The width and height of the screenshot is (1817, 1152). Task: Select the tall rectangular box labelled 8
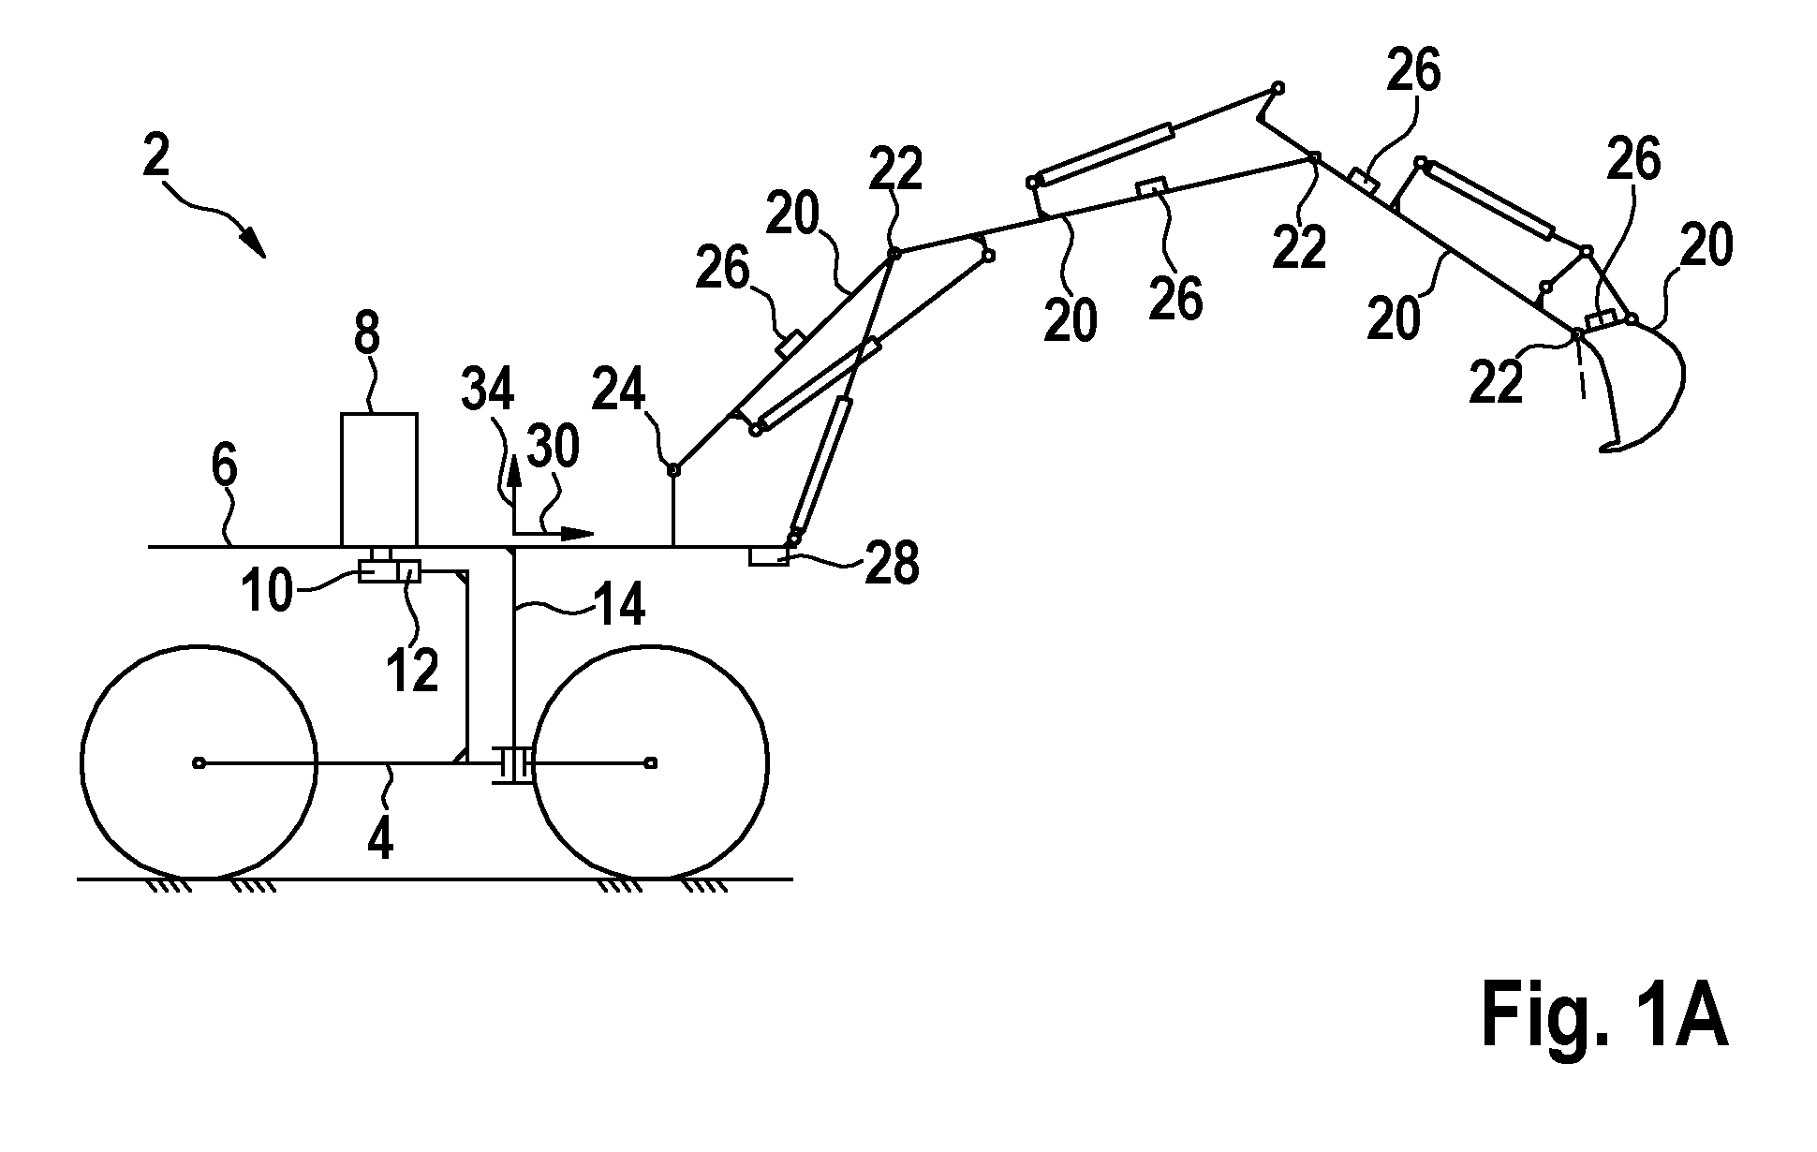pos(378,480)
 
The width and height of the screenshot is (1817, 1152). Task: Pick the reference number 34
pos(489,392)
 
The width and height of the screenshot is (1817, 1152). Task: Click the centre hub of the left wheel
pos(198,763)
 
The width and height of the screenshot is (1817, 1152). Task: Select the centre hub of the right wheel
pos(651,763)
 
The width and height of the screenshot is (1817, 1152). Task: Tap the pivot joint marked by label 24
pos(672,468)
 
